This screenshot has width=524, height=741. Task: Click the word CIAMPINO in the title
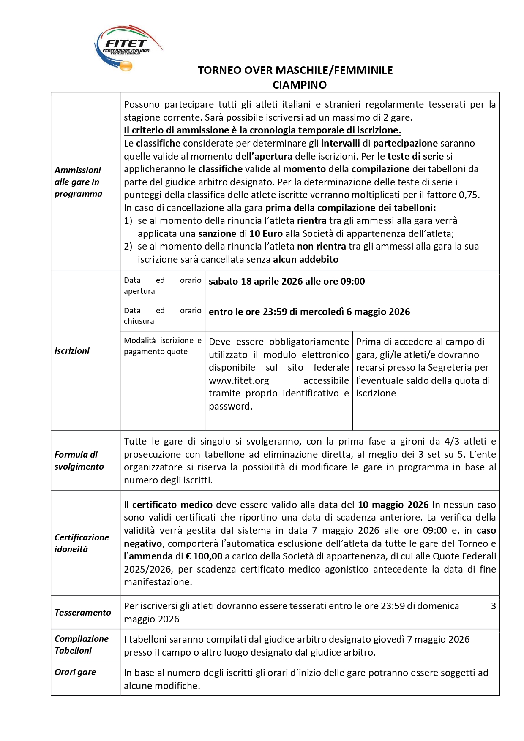click(299, 85)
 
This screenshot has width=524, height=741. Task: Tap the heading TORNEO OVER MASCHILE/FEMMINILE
click(295, 70)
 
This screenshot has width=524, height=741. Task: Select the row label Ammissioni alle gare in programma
click(79, 182)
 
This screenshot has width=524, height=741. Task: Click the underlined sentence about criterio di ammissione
click(262, 130)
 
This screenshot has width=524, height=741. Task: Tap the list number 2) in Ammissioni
click(128, 247)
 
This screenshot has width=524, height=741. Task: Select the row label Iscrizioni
click(72, 351)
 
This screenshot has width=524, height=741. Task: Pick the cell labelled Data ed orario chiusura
click(162, 316)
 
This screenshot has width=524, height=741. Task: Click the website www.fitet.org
click(239, 381)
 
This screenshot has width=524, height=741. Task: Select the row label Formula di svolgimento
click(79, 461)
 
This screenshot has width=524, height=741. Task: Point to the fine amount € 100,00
click(204, 556)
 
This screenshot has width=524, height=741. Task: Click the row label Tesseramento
click(83, 613)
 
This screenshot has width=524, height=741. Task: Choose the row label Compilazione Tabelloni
click(82, 645)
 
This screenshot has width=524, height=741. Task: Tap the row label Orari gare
click(75, 672)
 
